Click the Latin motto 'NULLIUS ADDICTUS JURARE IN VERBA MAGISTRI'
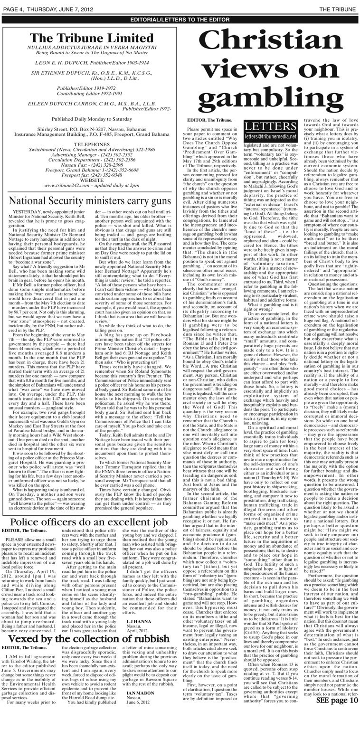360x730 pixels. pyautogui.click(x=92, y=49)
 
